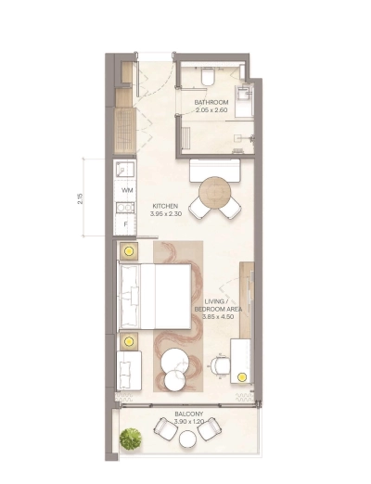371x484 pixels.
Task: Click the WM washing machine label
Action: point(127,190)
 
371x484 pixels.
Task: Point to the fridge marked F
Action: point(124,223)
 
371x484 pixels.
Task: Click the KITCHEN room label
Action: point(165,206)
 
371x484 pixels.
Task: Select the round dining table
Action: point(213,192)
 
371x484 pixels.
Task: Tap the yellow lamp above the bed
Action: point(127,250)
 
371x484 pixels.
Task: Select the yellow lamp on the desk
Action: point(242,376)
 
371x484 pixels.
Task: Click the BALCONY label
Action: point(188,414)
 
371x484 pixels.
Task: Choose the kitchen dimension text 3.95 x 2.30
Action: point(165,214)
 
